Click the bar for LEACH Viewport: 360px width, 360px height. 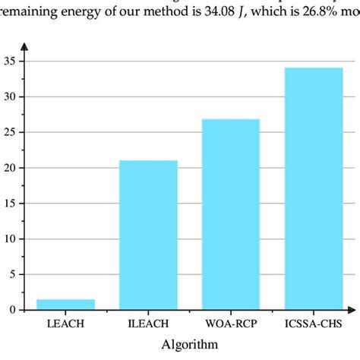point(65,304)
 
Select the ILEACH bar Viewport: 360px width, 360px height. point(148,235)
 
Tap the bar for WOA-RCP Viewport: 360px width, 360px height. point(231,214)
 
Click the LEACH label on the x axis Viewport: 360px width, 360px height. point(65,324)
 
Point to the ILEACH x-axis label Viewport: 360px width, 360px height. point(148,324)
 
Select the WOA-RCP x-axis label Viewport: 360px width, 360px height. point(231,324)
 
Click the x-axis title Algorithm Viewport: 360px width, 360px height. point(190,344)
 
